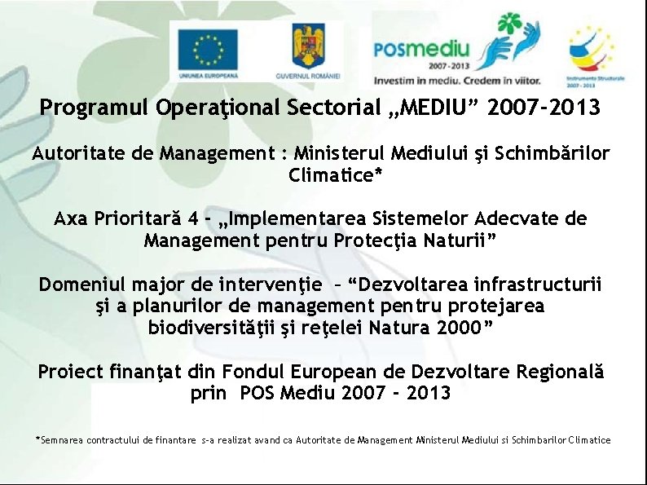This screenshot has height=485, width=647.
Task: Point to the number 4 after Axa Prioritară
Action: coord(191,218)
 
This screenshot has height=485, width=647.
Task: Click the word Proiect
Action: coord(71,372)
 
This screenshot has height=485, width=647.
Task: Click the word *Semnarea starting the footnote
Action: coord(61,440)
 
